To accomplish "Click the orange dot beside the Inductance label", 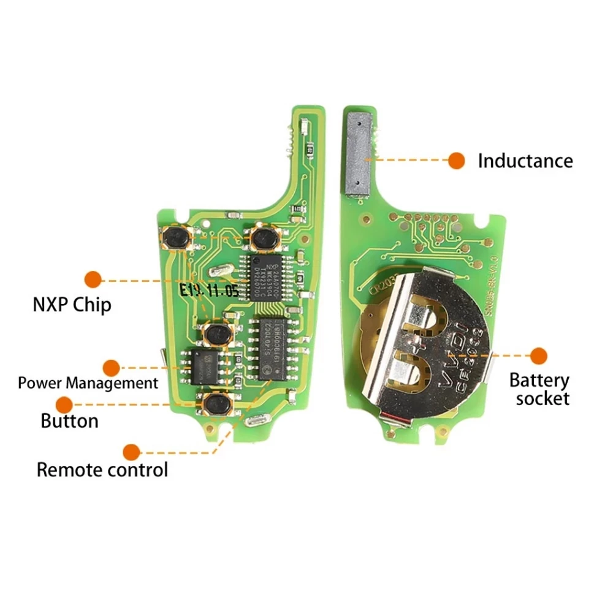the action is tap(456, 161).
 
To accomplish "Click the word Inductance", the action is tap(525, 161).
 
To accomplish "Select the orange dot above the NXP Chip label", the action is tap(93, 280).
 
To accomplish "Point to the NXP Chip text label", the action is tap(72, 305).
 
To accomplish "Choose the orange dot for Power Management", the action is tap(111, 368).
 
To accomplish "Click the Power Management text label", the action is tap(88, 384).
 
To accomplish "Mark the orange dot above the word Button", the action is tap(64, 405).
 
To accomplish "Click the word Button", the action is tap(69, 422).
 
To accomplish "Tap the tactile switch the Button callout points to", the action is tap(216, 404).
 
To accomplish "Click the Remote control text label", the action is tap(102, 471).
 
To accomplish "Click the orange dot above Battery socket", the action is tap(539, 356).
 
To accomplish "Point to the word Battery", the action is tap(539, 381).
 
